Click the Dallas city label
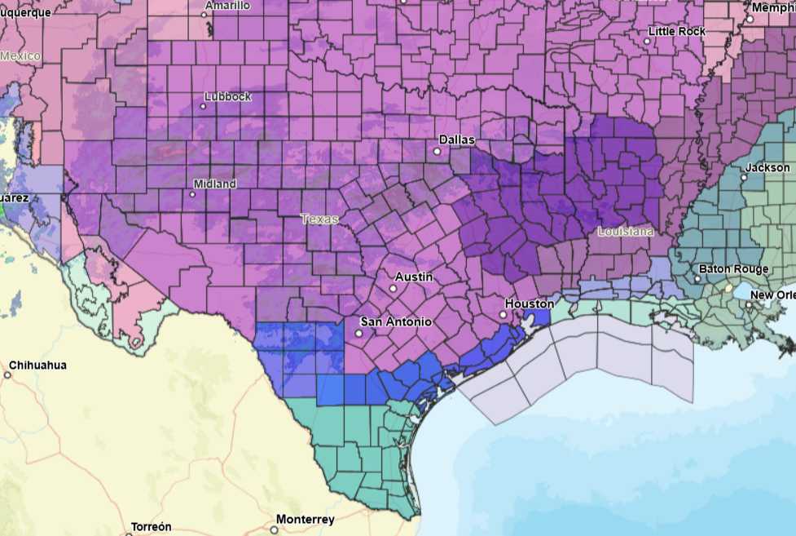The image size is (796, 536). pyautogui.click(x=456, y=140)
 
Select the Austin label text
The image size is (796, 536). pyautogui.click(x=414, y=277)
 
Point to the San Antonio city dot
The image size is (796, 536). pyautogui.click(x=359, y=333)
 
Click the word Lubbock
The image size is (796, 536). pyautogui.click(x=228, y=96)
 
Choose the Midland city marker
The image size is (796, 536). pyautogui.click(x=193, y=194)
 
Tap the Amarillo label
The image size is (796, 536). pyautogui.click(x=227, y=5)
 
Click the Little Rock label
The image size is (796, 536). pyautogui.click(x=676, y=31)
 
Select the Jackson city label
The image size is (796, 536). pyautogui.click(x=767, y=167)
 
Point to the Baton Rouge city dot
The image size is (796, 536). pyautogui.click(x=697, y=279)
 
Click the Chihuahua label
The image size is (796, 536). pyautogui.click(x=38, y=365)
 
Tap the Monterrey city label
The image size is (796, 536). pyautogui.click(x=305, y=520)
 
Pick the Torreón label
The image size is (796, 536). pyautogui.click(x=151, y=526)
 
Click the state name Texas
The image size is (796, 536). pyautogui.click(x=319, y=219)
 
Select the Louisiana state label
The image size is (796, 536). pyautogui.click(x=626, y=232)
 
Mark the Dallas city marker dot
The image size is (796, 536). pyautogui.click(x=438, y=151)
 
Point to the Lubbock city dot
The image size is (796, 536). pyautogui.click(x=204, y=106)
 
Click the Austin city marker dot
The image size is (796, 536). pyautogui.click(x=393, y=288)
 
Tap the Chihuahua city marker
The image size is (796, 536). pyautogui.click(x=7, y=375)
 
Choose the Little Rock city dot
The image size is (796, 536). pyautogui.click(x=649, y=41)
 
